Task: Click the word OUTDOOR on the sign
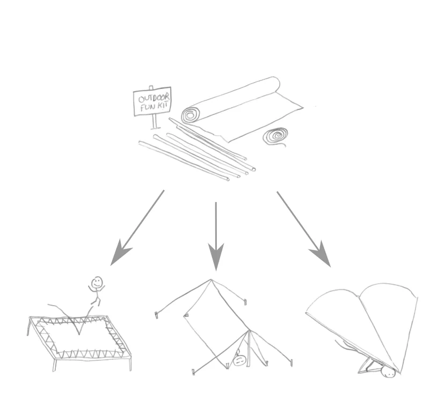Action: click(x=154, y=98)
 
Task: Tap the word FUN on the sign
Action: click(x=147, y=108)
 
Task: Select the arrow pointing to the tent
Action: click(x=216, y=236)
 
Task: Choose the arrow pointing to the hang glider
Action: click(x=304, y=229)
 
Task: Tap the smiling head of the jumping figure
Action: click(x=97, y=283)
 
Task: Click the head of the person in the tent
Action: click(x=239, y=361)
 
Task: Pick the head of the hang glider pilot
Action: click(x=388, y=373)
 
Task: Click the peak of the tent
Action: click(x=211, y=279)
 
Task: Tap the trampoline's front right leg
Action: click(x=130, y=363)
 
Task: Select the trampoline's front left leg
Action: click(x=55, y=365)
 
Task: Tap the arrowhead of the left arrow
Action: click(x=119, y=253)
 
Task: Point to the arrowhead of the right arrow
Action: click(x=322, y=255)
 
